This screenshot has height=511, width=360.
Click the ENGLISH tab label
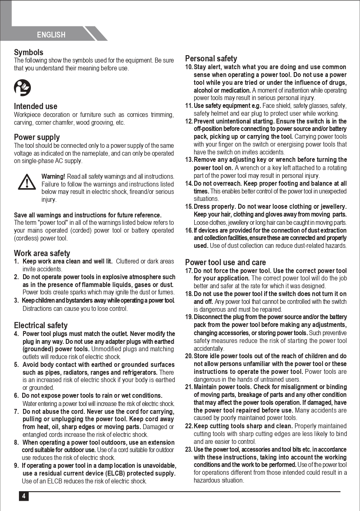pyautogui.click(x=51, y=35)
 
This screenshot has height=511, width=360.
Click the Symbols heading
pyautogui.click(x=28, y=52)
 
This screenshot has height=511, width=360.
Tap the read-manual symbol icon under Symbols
pyautogui.click(x=22, y=87)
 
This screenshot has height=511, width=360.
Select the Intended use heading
pyautogui.click(x=35, y=106)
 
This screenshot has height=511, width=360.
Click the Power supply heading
pyautogui.click(x=37, y=137)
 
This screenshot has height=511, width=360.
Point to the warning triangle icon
pyautogui.click(x=27, y=182)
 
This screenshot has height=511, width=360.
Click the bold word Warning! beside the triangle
pyautogui.click(x=53, y=176)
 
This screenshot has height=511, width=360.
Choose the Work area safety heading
pyautogui.click(x=42, y=253)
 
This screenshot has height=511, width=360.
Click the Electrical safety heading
pyautogui.click(x=41, y=325)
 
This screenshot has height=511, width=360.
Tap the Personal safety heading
pyautogui.click(x=211, y=58)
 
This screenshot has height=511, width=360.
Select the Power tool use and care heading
pyautogui.click(x=225, y=262)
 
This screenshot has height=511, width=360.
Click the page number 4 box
pyautogui.click(x=23, y=496)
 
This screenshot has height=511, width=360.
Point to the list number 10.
pyautogui.click(x=189, y=67)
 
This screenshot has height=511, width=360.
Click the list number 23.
pyautogui.click(x=189, y=450)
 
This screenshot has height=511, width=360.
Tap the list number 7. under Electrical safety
pyautogui.click(x=16, y=411)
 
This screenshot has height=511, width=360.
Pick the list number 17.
pyautogui.click(x=189, y=271)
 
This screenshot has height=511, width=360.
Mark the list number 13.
pyautogui.click(x=189, y=160)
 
